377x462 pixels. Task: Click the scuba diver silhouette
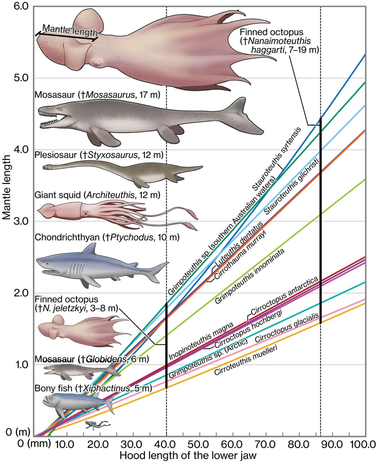click(97, 424)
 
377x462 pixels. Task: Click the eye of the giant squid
click(86, 213)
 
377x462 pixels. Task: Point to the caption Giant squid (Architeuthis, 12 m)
click(97, 196)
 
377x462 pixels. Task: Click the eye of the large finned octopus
click(97, 64)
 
